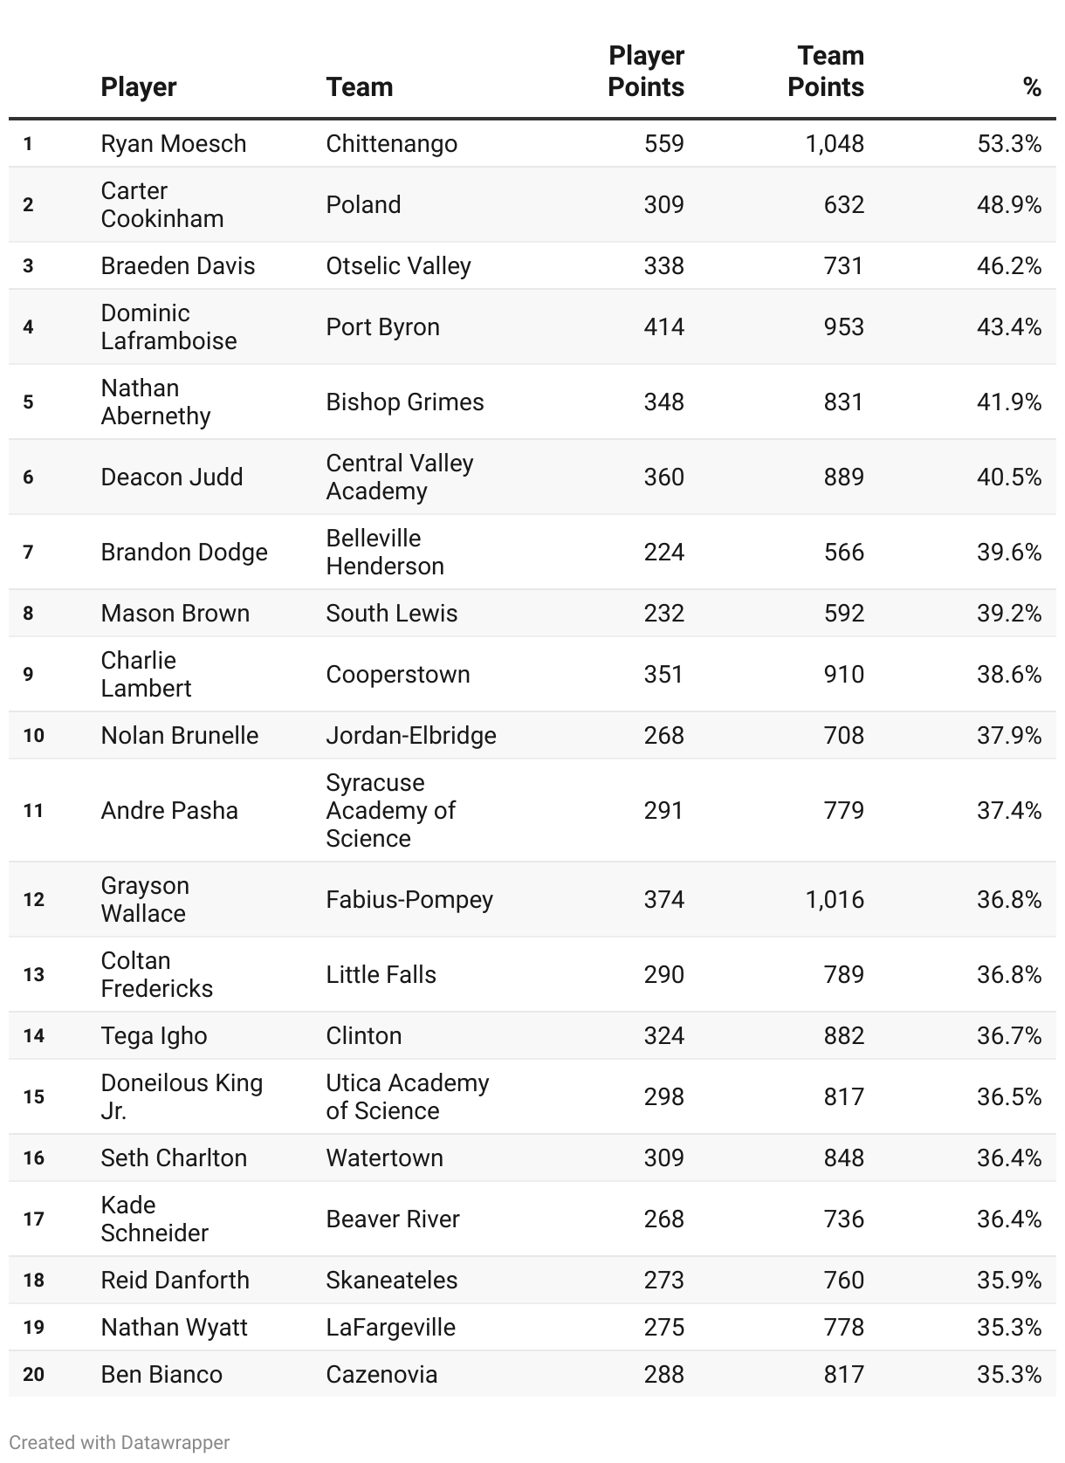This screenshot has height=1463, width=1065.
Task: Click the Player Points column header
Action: click(646, 72)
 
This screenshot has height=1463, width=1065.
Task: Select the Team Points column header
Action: click(826, 72)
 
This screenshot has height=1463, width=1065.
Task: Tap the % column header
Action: click(1032, 87)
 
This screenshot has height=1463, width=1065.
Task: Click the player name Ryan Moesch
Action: click(174, 144)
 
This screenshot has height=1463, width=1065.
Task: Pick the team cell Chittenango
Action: click(391, 144)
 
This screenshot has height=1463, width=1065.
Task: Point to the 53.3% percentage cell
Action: click(1008, 144)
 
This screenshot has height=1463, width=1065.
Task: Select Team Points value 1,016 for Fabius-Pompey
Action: click(835, 900)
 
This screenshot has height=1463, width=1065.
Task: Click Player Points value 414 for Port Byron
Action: click(663, 327)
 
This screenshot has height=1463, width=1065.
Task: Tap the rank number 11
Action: click(33, 811)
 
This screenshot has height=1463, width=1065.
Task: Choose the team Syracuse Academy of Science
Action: click(391, 811)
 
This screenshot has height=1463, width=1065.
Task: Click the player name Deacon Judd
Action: click(172, 477)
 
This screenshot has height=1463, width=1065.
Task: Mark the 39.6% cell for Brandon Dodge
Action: click(1008, 553)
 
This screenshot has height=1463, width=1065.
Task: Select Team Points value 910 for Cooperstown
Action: click(843, 675)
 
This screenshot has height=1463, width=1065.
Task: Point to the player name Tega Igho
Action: click(154, 1036)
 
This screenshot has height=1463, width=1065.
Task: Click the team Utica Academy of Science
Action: click(407, 1097)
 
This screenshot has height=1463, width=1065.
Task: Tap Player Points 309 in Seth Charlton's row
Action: click(663, 1158)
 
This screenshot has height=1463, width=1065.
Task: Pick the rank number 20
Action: click(33, 1375)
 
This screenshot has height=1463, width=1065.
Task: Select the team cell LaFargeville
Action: click(390, 1328)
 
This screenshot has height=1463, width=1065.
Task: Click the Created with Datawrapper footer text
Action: click(120, 1443)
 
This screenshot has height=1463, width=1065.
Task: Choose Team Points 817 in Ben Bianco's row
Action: click(843, 1375)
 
